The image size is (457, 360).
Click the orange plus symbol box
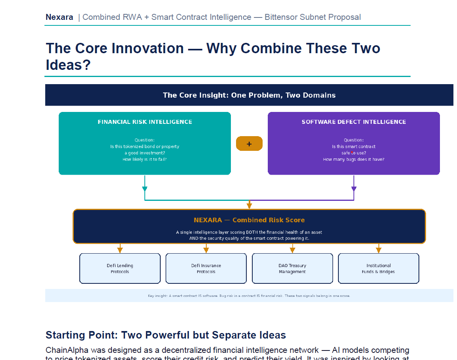249,144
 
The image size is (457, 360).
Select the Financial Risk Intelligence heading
145,122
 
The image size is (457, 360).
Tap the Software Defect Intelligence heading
353,122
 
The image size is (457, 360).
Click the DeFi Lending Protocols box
120,268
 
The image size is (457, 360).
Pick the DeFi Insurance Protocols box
206,268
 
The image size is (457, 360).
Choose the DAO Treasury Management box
292,268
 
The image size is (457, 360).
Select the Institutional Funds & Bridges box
378,268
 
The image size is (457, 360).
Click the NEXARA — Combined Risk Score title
249,220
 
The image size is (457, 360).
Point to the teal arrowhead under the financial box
145,189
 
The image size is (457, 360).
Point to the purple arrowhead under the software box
354,189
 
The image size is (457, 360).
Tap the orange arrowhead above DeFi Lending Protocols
120,250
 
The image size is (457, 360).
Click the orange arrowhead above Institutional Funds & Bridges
378,250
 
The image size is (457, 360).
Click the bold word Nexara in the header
60,17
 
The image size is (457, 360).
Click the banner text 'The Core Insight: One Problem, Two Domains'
249,95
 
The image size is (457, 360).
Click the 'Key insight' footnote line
249,296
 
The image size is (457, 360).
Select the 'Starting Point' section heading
166,335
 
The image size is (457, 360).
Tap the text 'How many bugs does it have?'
353,159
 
